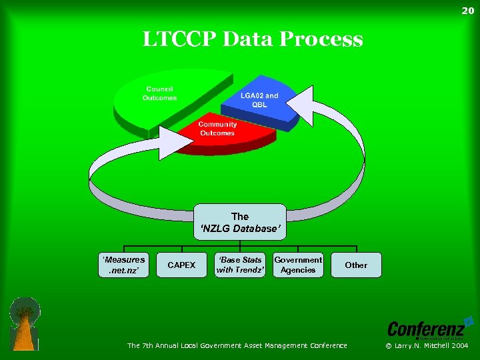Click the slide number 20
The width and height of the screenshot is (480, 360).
(x=468, y=10)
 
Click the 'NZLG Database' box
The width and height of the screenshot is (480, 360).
(x=240, y=223)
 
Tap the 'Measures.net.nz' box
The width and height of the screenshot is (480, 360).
(x=124, y=265)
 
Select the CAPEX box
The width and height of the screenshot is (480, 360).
(x=181, y=265)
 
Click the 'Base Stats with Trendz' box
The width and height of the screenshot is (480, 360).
(x=240, y=265)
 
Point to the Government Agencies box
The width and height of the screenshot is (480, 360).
(x=298, y=265)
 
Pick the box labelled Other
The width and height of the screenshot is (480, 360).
(x=356, y=265)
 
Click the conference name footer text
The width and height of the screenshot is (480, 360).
(x=237, y=345)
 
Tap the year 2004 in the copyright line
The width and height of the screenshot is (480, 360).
(x=460, y=345)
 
